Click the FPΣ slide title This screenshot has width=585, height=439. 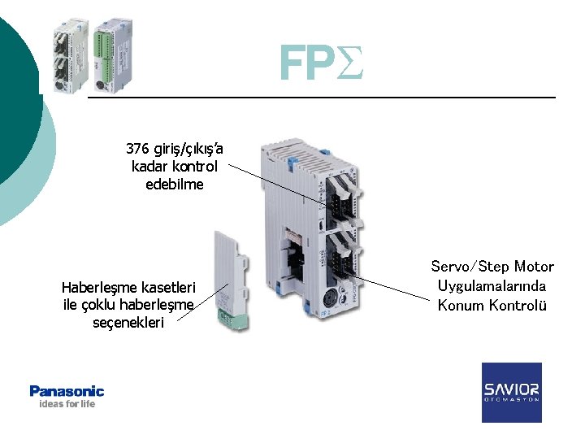(319, 63)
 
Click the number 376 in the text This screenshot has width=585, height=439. (137, 149)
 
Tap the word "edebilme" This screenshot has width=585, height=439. (175, 185)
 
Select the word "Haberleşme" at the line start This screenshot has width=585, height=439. (100, 287)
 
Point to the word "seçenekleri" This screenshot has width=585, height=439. (128, 323)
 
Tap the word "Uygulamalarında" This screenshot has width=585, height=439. (492, 286)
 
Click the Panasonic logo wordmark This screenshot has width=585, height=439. (67, 391)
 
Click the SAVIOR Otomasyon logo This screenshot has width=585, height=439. (511, 392)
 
